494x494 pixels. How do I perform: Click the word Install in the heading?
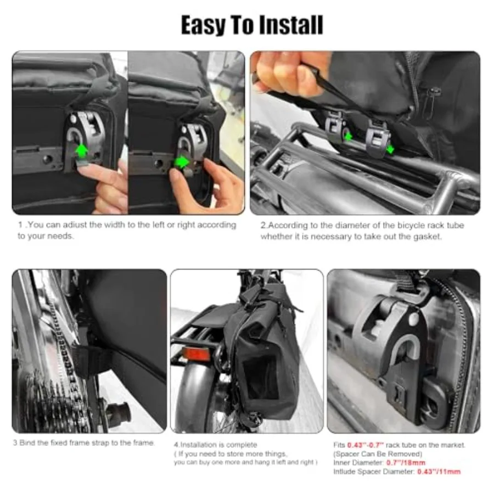click(291, 25)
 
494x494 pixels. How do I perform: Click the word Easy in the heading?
click(202, 25)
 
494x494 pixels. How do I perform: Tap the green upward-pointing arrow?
click(82, 150)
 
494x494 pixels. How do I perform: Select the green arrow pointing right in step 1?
click(182, 162)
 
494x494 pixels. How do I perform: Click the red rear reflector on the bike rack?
click(197, 354)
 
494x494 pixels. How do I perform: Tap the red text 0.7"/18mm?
click(406, 463)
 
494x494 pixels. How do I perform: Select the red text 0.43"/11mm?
click(439, 471)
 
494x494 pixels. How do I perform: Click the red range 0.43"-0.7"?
click(366, 445)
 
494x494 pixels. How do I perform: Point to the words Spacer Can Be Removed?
click(378, 454)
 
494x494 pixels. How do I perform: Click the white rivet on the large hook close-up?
click(413, 321)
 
